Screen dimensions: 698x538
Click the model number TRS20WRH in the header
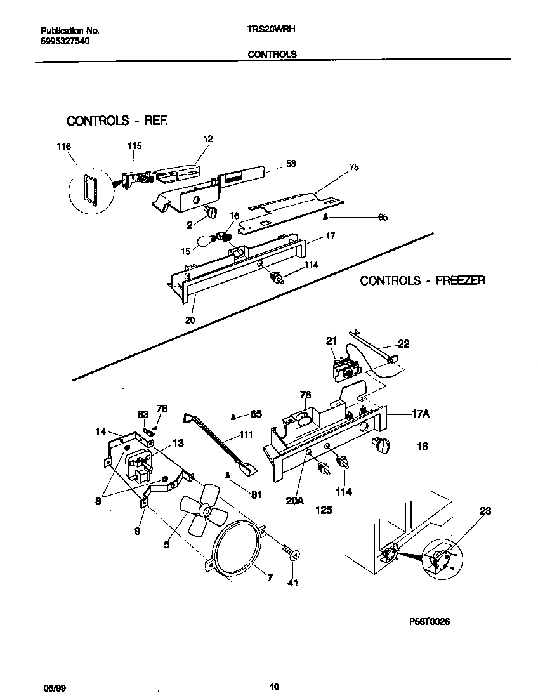(272, 30)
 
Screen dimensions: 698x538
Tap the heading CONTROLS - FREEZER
(423, 280)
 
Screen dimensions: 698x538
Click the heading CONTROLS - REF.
(117, 121)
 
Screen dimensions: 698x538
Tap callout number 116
(63, 147)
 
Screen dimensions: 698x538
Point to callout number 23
(485, 510)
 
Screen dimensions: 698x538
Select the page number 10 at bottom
(273, 687)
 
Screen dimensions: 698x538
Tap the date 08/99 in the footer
(53, 687)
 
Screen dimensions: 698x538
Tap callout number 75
(353, 168)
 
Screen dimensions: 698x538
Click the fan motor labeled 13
(140, 467)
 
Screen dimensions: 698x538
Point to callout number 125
(324, 510)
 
